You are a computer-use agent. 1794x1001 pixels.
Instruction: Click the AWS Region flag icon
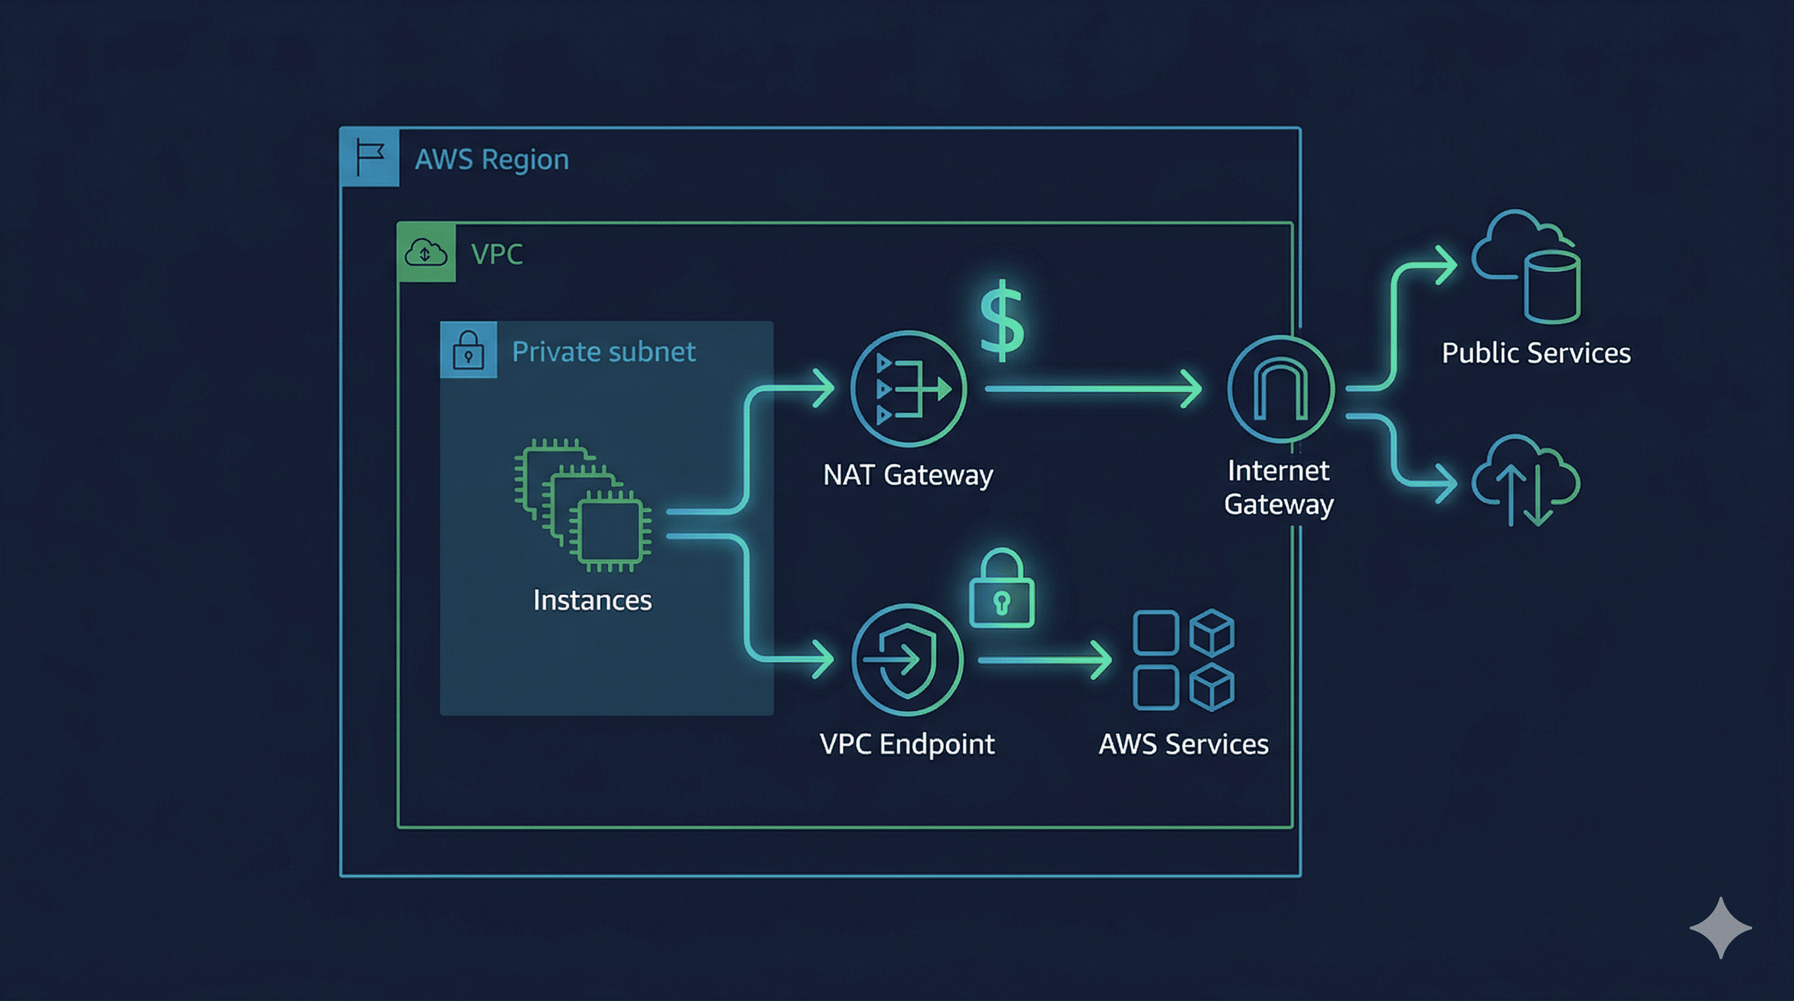click(370, 157)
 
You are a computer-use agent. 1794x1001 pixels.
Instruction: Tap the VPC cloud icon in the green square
click(426, 253)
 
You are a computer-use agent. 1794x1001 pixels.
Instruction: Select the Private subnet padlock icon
click(468, 350)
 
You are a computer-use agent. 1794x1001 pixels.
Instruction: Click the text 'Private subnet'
click(603, 352)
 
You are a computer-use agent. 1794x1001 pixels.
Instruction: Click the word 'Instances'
click(592, 600)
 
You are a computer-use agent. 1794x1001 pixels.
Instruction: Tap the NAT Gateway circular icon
click(908, 388)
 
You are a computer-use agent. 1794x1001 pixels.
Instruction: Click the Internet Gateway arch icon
click(1280, 388)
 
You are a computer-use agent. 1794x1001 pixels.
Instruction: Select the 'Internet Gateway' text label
click(1278, 487)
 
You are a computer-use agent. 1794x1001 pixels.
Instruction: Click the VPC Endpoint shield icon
click(907, 660)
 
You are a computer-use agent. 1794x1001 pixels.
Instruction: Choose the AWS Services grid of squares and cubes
click(1183, 660)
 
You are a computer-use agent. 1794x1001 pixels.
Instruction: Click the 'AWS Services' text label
click(1183, 744)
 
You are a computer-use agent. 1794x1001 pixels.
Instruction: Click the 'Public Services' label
click(1536, 353)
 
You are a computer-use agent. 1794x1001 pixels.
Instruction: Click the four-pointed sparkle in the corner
click(1720, 928)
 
